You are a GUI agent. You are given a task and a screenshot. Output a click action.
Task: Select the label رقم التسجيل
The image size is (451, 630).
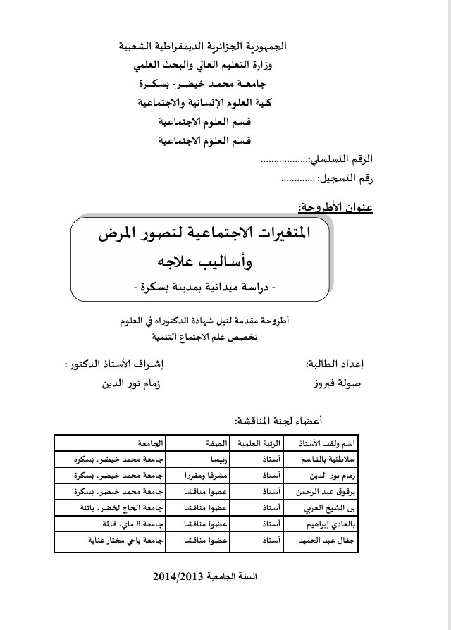click(347, 180)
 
